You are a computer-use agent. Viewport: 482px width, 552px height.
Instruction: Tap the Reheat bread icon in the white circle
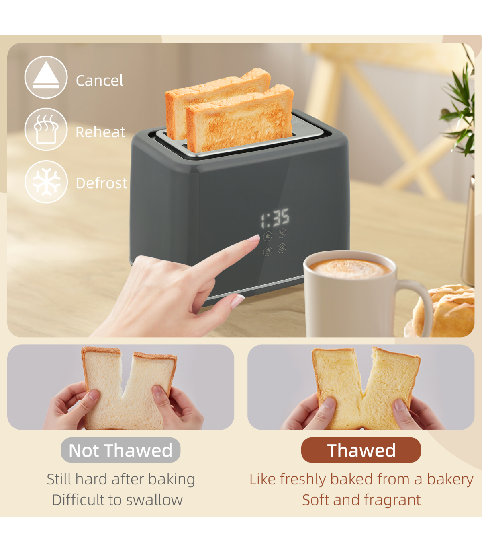coord(46,129)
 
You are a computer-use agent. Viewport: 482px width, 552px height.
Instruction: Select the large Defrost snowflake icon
coord(46,181)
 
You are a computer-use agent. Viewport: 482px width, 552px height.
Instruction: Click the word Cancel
coord(99,80)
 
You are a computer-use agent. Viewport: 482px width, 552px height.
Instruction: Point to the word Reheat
coord(100,132)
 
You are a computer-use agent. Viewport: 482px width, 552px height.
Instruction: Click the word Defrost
coord(101,183)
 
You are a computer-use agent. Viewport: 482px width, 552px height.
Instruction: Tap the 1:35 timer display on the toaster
coord(275,218)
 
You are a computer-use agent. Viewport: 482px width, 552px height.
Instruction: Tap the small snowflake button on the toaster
coord(282,248)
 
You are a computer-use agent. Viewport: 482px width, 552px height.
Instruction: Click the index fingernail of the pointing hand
coord(254,238)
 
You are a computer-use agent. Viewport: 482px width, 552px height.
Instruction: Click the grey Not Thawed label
coord(120,450)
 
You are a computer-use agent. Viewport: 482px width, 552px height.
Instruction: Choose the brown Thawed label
coord(361,450)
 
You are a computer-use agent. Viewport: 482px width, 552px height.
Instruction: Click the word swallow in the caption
coord(154,500)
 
